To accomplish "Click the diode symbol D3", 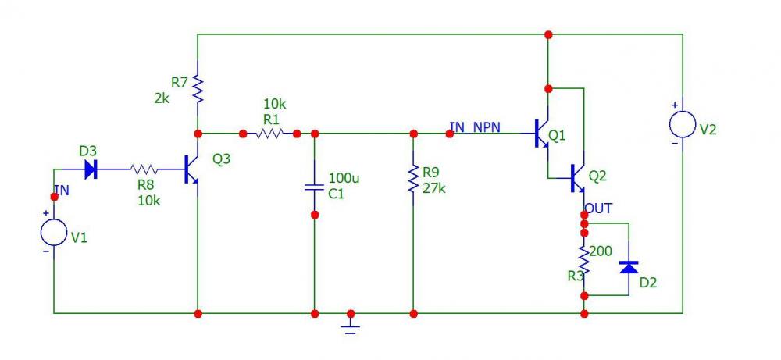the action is click(x=91, y=169).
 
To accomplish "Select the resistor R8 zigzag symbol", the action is click(x=145, y=169).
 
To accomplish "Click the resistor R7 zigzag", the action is click(x=198, y=88).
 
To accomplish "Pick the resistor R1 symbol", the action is click(x=270, y=134).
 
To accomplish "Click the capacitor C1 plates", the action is click(x=314, y=187).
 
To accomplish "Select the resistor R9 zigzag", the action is click(x=413, y=180).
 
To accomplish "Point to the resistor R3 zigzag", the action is click(x=584, y=260).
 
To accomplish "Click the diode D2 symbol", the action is click(x=629, y=267).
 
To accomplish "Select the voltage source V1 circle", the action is click(x=54, y=232).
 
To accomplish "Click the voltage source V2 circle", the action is click(x=683, y=124).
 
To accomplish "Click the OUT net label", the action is click(x=599, y=209).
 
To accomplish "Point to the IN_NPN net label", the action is click(x=475, y=127).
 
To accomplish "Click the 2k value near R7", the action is click(x=162, y=98).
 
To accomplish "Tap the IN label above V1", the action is click(x=62, y=190).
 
